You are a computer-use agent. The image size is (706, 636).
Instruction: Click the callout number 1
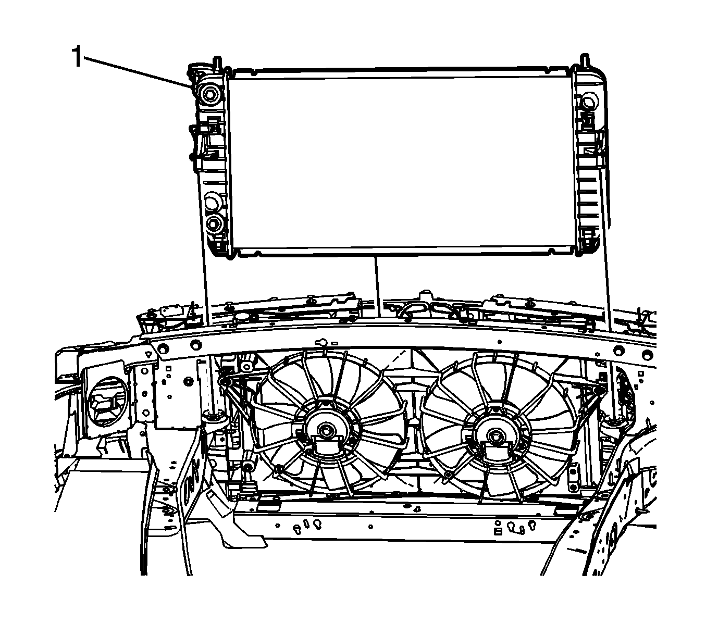click(77, 56)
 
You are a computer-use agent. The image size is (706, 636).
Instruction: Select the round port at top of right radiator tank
click(588, 103)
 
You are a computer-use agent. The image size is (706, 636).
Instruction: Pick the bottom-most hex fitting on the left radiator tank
click(215, 223)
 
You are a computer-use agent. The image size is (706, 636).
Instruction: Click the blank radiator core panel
click(401, 162)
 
